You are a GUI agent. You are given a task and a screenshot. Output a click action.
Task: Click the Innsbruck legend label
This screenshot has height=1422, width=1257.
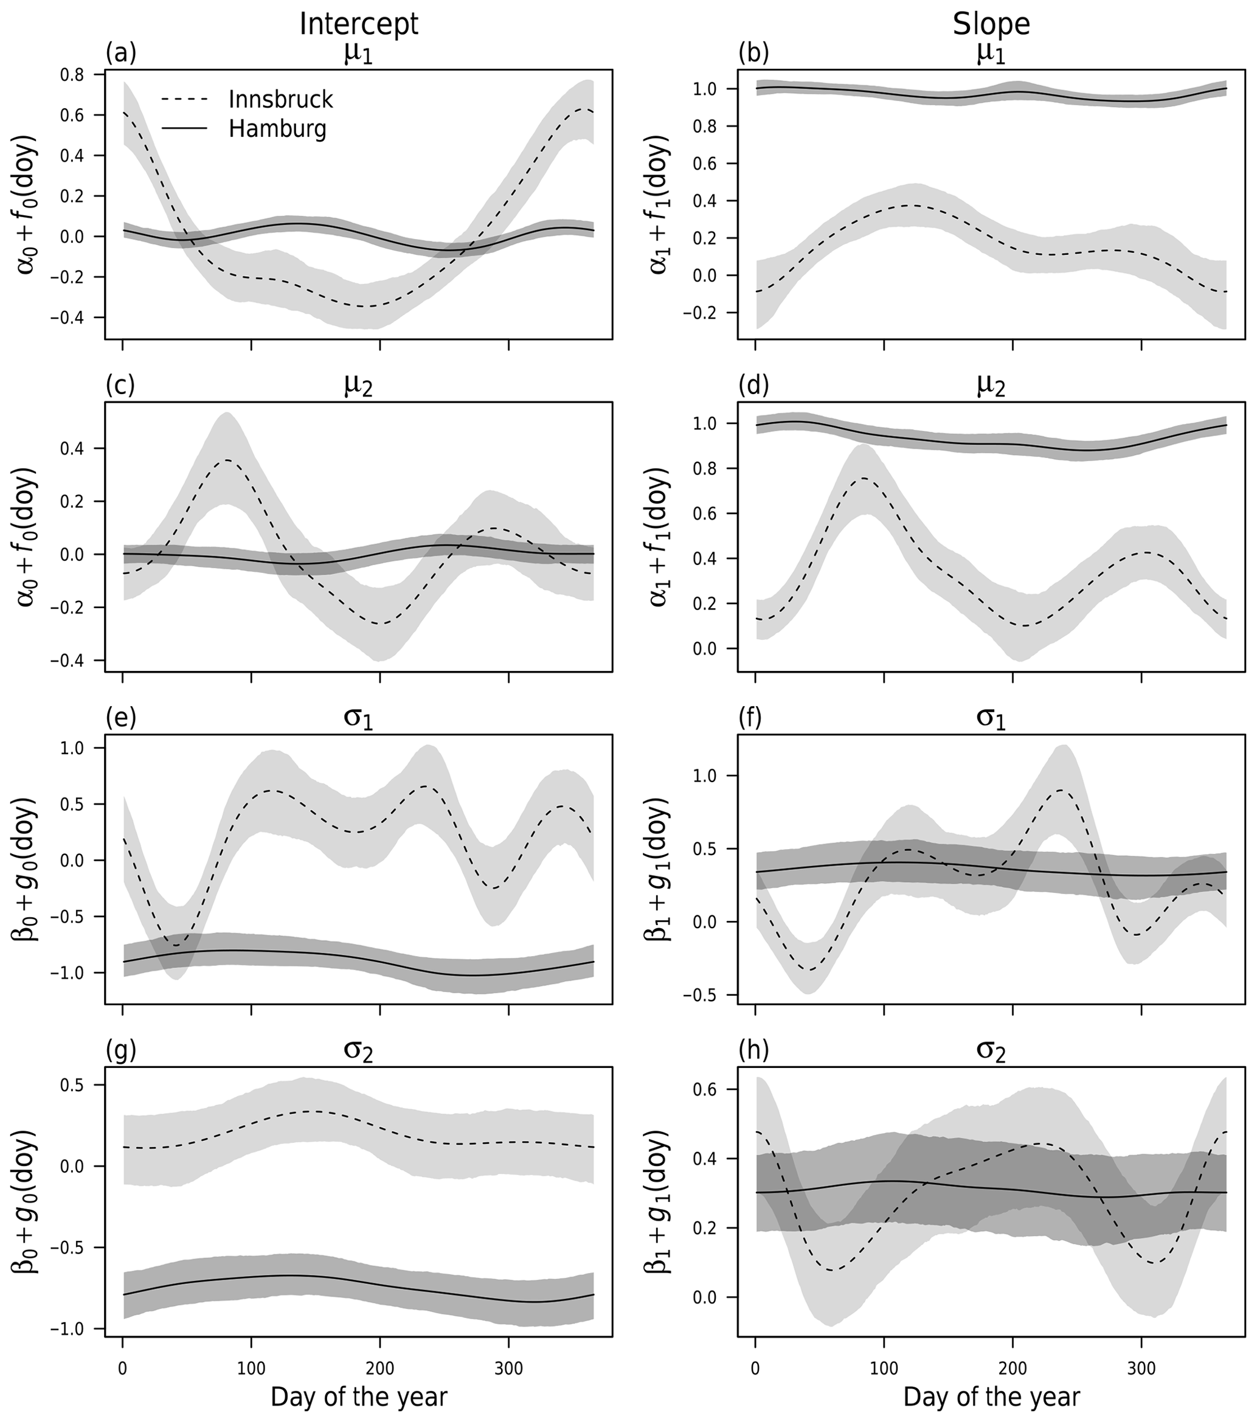pyautogui.click(x=280, y=100)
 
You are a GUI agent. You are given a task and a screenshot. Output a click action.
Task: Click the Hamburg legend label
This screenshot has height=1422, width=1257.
pyautogui.click(x=277, y=130)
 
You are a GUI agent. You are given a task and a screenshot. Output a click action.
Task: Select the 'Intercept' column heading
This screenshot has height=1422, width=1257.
pyautogui.click(x=358, y=24)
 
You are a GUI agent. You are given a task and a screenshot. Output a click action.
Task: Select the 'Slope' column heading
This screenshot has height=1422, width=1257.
pyautogui.click(x=991, y=24)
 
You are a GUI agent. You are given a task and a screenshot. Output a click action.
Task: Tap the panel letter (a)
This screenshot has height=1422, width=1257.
pyautogui.click(x=120, y=53)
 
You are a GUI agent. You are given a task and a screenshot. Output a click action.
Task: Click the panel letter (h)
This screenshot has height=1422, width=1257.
pyautogui.click(x=753, y=1051)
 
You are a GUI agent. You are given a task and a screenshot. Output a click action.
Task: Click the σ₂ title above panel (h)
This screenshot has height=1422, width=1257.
pyautogui.click(x=991, y=1052)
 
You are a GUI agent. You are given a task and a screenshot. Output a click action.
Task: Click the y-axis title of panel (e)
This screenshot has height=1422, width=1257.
pyautogui.click(x=26, y=869)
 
